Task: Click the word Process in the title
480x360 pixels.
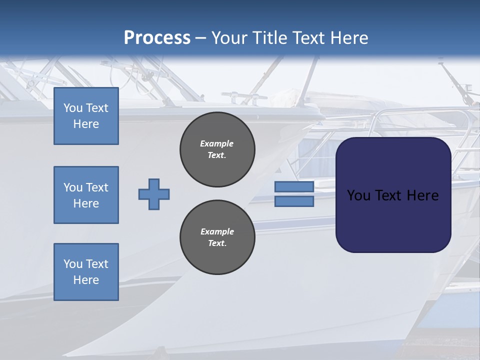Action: tap(157, 37)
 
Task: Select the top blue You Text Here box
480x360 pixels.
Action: tap(86, 116)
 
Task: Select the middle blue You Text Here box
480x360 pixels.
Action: tap(86, 195)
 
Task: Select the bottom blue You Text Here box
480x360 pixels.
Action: tap(86, 272)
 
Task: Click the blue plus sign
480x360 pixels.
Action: tap(154, 194)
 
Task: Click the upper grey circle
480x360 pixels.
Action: tap(217, 149)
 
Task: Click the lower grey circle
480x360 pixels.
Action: tap(217, 237)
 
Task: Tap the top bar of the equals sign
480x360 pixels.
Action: tap(294, 187)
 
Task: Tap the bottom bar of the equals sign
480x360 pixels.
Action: tap(294, 201)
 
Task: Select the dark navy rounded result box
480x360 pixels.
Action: tap(393, 220)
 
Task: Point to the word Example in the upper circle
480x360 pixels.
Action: tap(217, 143)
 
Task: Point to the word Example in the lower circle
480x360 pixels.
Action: tap(217, 231)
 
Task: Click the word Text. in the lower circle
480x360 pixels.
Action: tap(217, 243)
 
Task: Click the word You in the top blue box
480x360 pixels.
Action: tap(73, 108)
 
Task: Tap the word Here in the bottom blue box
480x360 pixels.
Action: tap(86, 280)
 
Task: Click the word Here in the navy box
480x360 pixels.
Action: tap(422, 195)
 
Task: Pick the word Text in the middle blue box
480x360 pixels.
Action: tap(97, 187)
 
